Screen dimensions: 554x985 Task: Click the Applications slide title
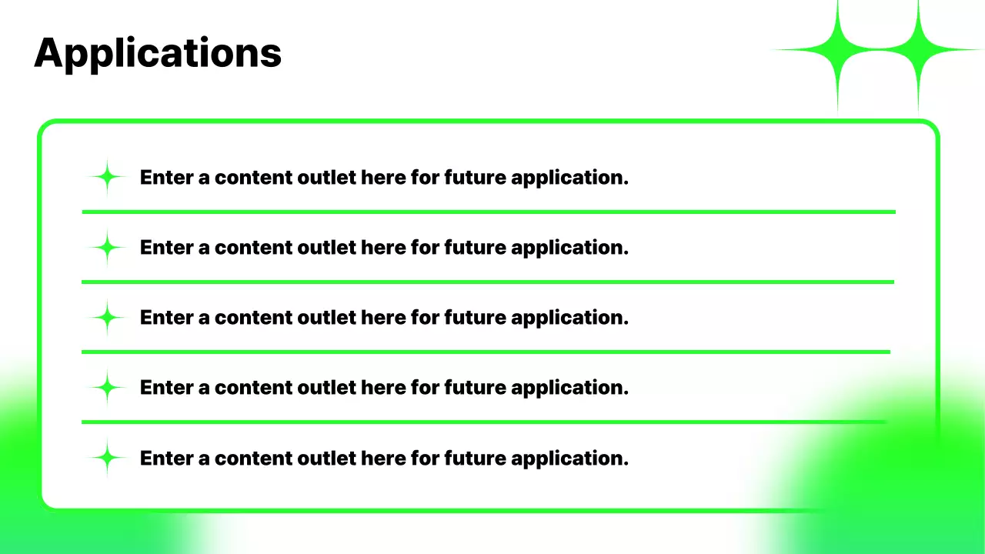pyautogui.click(x=158, y=53)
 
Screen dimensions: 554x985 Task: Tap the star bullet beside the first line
pyautogui.click(x=108, y=178)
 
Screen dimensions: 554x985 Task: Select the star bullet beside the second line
pyautogui.click(x=108, y=248)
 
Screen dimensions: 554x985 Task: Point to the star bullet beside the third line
pyautogui.click(x=108, y=318)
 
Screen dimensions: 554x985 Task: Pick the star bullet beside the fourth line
pyautogui.click(x=108, y=388)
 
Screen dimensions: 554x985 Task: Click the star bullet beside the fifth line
pyautogui.click(x=108, y=459)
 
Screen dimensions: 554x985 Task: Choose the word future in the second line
pyautogui.click(x=475, y=248)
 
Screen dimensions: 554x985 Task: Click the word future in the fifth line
pyautogui.click(x=475, y=459)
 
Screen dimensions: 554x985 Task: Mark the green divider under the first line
pyautogui.click(x=488, y=212)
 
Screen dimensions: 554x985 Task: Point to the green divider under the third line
pyautogui.click(x=485, y=352)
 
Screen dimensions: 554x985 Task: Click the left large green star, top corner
pyautogui.click(x=837, y=50)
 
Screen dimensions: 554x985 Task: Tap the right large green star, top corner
pyautogui.click(x=917, y=50)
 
